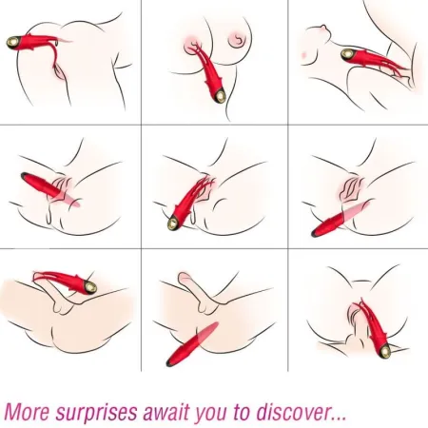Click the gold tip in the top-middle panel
pyautogui.click(x=219, y=95)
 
